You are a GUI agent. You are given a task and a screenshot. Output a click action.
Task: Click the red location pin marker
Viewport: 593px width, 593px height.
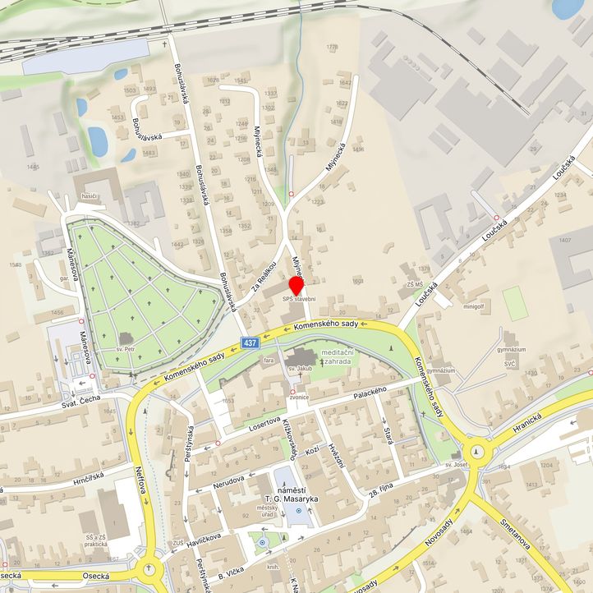(x=296, y=285)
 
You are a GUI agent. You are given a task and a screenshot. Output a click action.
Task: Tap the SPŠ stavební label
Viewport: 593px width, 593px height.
(x=299, y=300)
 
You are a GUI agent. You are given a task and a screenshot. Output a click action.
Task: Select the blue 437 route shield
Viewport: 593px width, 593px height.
(x=250, y=342)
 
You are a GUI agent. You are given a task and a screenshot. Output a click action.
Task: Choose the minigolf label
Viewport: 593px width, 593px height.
(x=473, y=306)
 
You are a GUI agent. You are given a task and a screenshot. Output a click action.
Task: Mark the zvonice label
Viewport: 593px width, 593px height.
(x=298, y=398)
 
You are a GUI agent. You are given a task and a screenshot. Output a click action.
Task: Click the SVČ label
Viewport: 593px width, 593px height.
(x=511, y=362)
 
